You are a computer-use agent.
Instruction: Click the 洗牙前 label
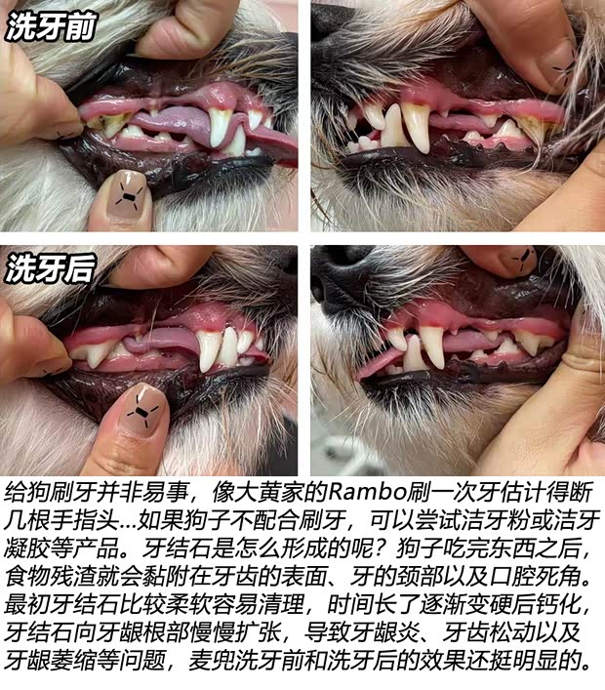[x=51, y=28]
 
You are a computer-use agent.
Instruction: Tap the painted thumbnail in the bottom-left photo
[x=144, y=413]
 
